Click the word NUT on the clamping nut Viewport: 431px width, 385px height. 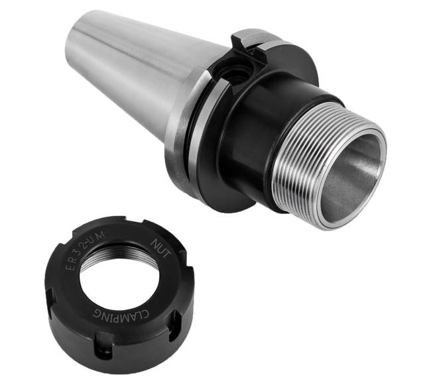pos(162,248)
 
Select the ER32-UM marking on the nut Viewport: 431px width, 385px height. pos(86,250)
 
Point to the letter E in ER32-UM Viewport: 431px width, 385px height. pos(70,267)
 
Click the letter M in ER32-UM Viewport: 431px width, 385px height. pos(101,235)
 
